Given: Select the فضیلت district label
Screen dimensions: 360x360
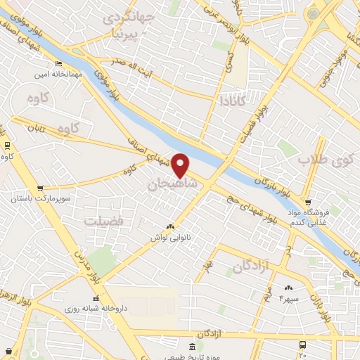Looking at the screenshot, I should (x=103, y=221).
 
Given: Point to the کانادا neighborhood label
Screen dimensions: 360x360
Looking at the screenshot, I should (x=235, y=101).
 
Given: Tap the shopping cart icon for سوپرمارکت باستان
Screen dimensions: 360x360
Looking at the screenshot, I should (x=40, y=188).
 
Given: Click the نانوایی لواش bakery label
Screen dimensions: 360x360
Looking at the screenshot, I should (x=169, y=238).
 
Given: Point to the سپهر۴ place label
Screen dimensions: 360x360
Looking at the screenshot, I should (x=289, y=298).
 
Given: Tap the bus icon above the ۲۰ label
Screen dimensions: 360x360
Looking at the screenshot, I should (x=302, y=345).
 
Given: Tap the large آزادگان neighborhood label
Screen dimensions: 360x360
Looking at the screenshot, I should (x=252, y=267).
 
